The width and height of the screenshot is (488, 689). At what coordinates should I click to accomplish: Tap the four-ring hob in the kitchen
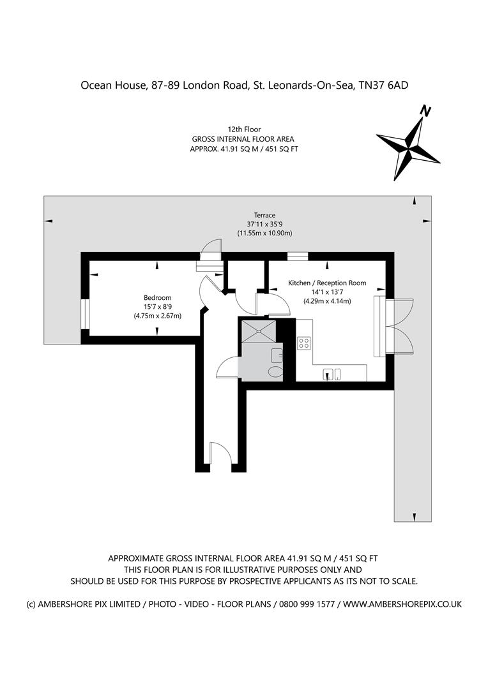[304, 343]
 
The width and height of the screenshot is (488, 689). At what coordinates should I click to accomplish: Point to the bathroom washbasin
[277, 355]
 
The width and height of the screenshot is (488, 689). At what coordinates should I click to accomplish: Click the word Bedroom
[157, 298]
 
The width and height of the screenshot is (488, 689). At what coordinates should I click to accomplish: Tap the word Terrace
[264, 215]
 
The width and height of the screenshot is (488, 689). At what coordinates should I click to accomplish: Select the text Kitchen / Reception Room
[327, 283]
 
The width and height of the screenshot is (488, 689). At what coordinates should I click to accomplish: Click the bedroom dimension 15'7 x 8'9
[157, 307]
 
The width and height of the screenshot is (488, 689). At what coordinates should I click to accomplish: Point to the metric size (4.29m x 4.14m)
[327, 301]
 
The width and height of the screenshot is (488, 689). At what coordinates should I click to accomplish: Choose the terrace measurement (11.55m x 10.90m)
[264, 233]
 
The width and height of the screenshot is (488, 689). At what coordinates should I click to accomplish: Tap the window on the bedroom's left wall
[84, 314]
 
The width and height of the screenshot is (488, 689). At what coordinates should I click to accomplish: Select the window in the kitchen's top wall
[298, 256]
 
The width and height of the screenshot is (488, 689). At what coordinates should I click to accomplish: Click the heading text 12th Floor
[244, 130]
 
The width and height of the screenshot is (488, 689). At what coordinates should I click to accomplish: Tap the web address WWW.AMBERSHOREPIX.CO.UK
[402, 604]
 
